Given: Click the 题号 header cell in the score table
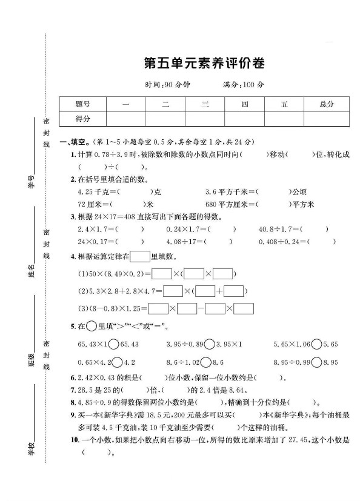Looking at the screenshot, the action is (82, 104).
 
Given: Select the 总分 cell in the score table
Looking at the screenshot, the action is (326, 104).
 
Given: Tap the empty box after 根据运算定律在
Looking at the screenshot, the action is (140, 256).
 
